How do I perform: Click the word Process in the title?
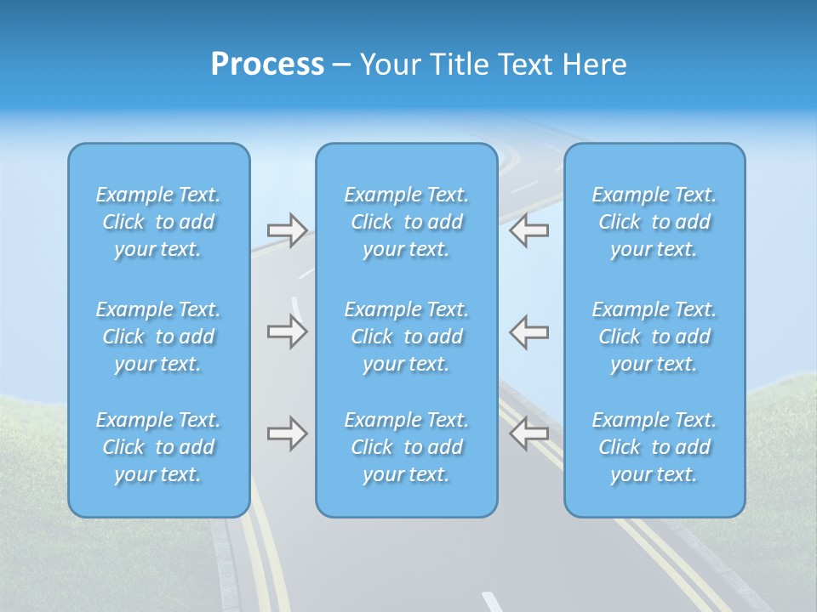[267, 65]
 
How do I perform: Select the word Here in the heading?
[595, 65]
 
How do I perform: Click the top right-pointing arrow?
[287, 230]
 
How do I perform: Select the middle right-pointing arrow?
[287, 331]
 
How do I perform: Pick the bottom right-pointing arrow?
[287, 433]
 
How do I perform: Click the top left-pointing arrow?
[528, 230]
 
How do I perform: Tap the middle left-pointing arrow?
[528, 331]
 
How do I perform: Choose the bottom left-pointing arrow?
[528, 433]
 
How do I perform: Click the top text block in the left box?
[158, 222]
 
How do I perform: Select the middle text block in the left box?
[158, 337]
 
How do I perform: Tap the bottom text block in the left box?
[158, 447]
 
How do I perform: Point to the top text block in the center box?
[406, 222]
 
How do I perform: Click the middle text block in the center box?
[406, 337]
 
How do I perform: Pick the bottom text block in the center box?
[406, 447]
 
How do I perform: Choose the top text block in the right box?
[654, 222]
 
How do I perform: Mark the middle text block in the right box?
[654, 337]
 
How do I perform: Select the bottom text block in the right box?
[654, 447]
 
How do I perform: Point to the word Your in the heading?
[389, 65]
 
